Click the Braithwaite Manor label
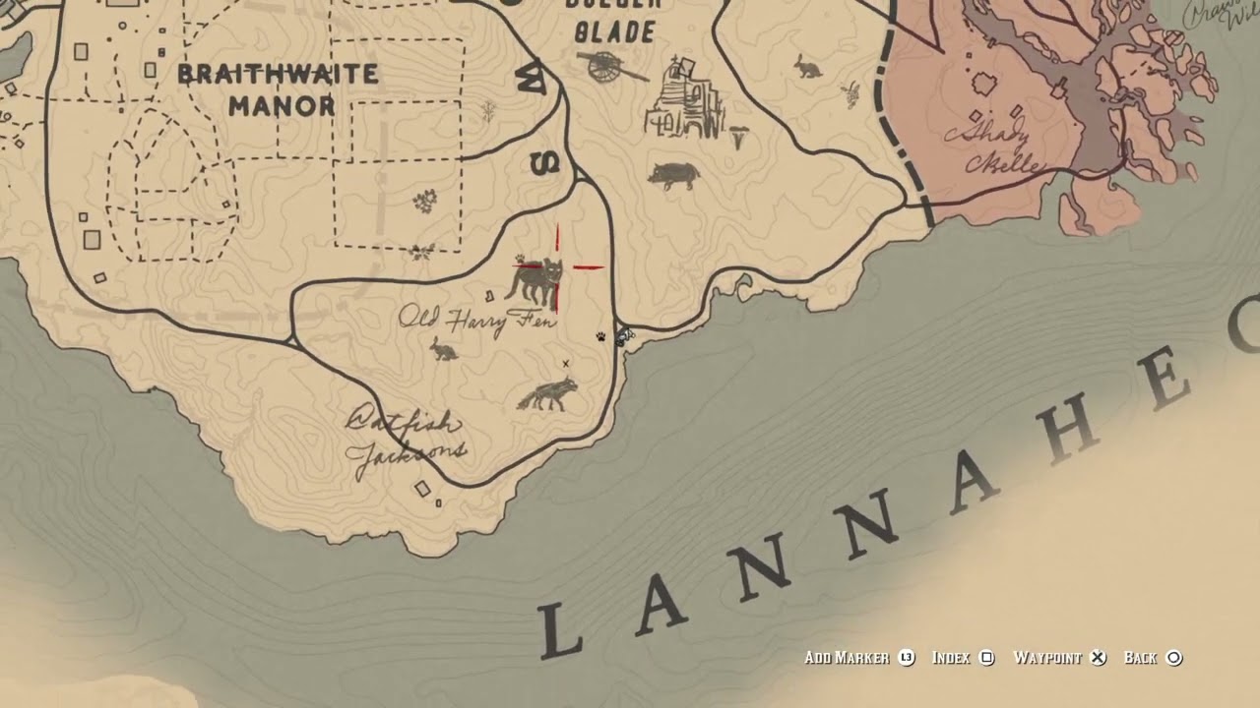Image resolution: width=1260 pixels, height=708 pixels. coord(279,89)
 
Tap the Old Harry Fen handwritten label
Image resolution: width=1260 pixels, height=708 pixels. coord(477,320)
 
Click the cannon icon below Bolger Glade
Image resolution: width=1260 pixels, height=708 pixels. coord(611,67)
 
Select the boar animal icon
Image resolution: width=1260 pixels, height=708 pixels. coord(673,176)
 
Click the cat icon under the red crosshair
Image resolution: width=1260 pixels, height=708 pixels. coord(535,279)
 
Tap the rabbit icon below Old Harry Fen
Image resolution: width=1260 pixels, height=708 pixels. coord(444,348)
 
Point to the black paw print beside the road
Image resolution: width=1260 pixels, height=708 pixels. coord(600,337)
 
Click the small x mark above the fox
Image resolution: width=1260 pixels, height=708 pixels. coord(565,364)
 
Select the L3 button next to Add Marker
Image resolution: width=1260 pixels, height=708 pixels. coord(907,658)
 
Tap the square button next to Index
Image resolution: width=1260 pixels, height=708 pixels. coord(987,658)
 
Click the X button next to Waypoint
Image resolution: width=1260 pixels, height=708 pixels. coord(1098,658)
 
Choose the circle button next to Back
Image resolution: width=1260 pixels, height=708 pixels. coord(1173,658)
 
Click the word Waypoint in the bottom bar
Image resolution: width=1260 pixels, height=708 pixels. coord(1047,658)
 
